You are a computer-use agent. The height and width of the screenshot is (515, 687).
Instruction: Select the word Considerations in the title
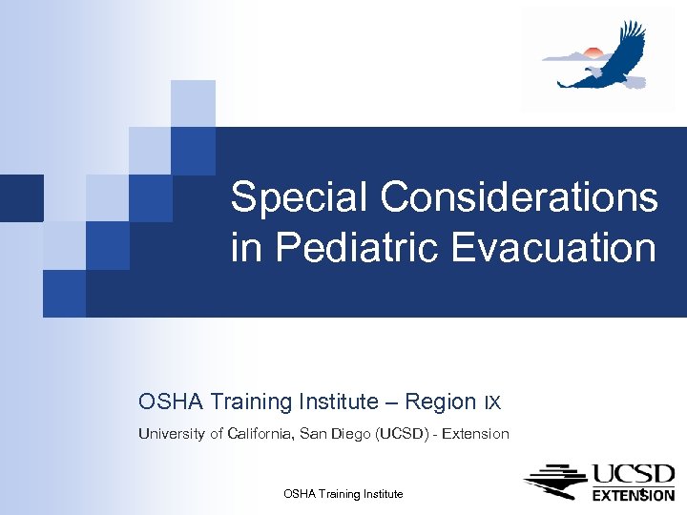(519, 198)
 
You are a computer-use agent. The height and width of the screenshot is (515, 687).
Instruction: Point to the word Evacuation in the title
(553, 248)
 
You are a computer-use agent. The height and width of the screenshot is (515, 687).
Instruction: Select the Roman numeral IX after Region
(492, 402)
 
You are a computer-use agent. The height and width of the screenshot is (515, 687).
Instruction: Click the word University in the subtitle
(172, 434)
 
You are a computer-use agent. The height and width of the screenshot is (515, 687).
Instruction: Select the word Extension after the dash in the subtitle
(475, 434)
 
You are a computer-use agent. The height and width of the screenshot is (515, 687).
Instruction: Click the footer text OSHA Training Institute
(343, 494)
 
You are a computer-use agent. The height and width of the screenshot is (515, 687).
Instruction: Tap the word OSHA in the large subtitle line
(168, 402)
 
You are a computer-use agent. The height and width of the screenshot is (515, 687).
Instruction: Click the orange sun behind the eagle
(592, 52)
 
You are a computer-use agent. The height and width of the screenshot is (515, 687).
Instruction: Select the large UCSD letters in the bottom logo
(634, 475)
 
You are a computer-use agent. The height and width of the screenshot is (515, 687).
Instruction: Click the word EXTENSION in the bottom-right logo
(634, 495)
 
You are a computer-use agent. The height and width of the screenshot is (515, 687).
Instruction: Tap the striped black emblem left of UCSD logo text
(555, 482)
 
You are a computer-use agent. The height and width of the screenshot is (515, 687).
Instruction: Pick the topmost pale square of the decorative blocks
(193, 103)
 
